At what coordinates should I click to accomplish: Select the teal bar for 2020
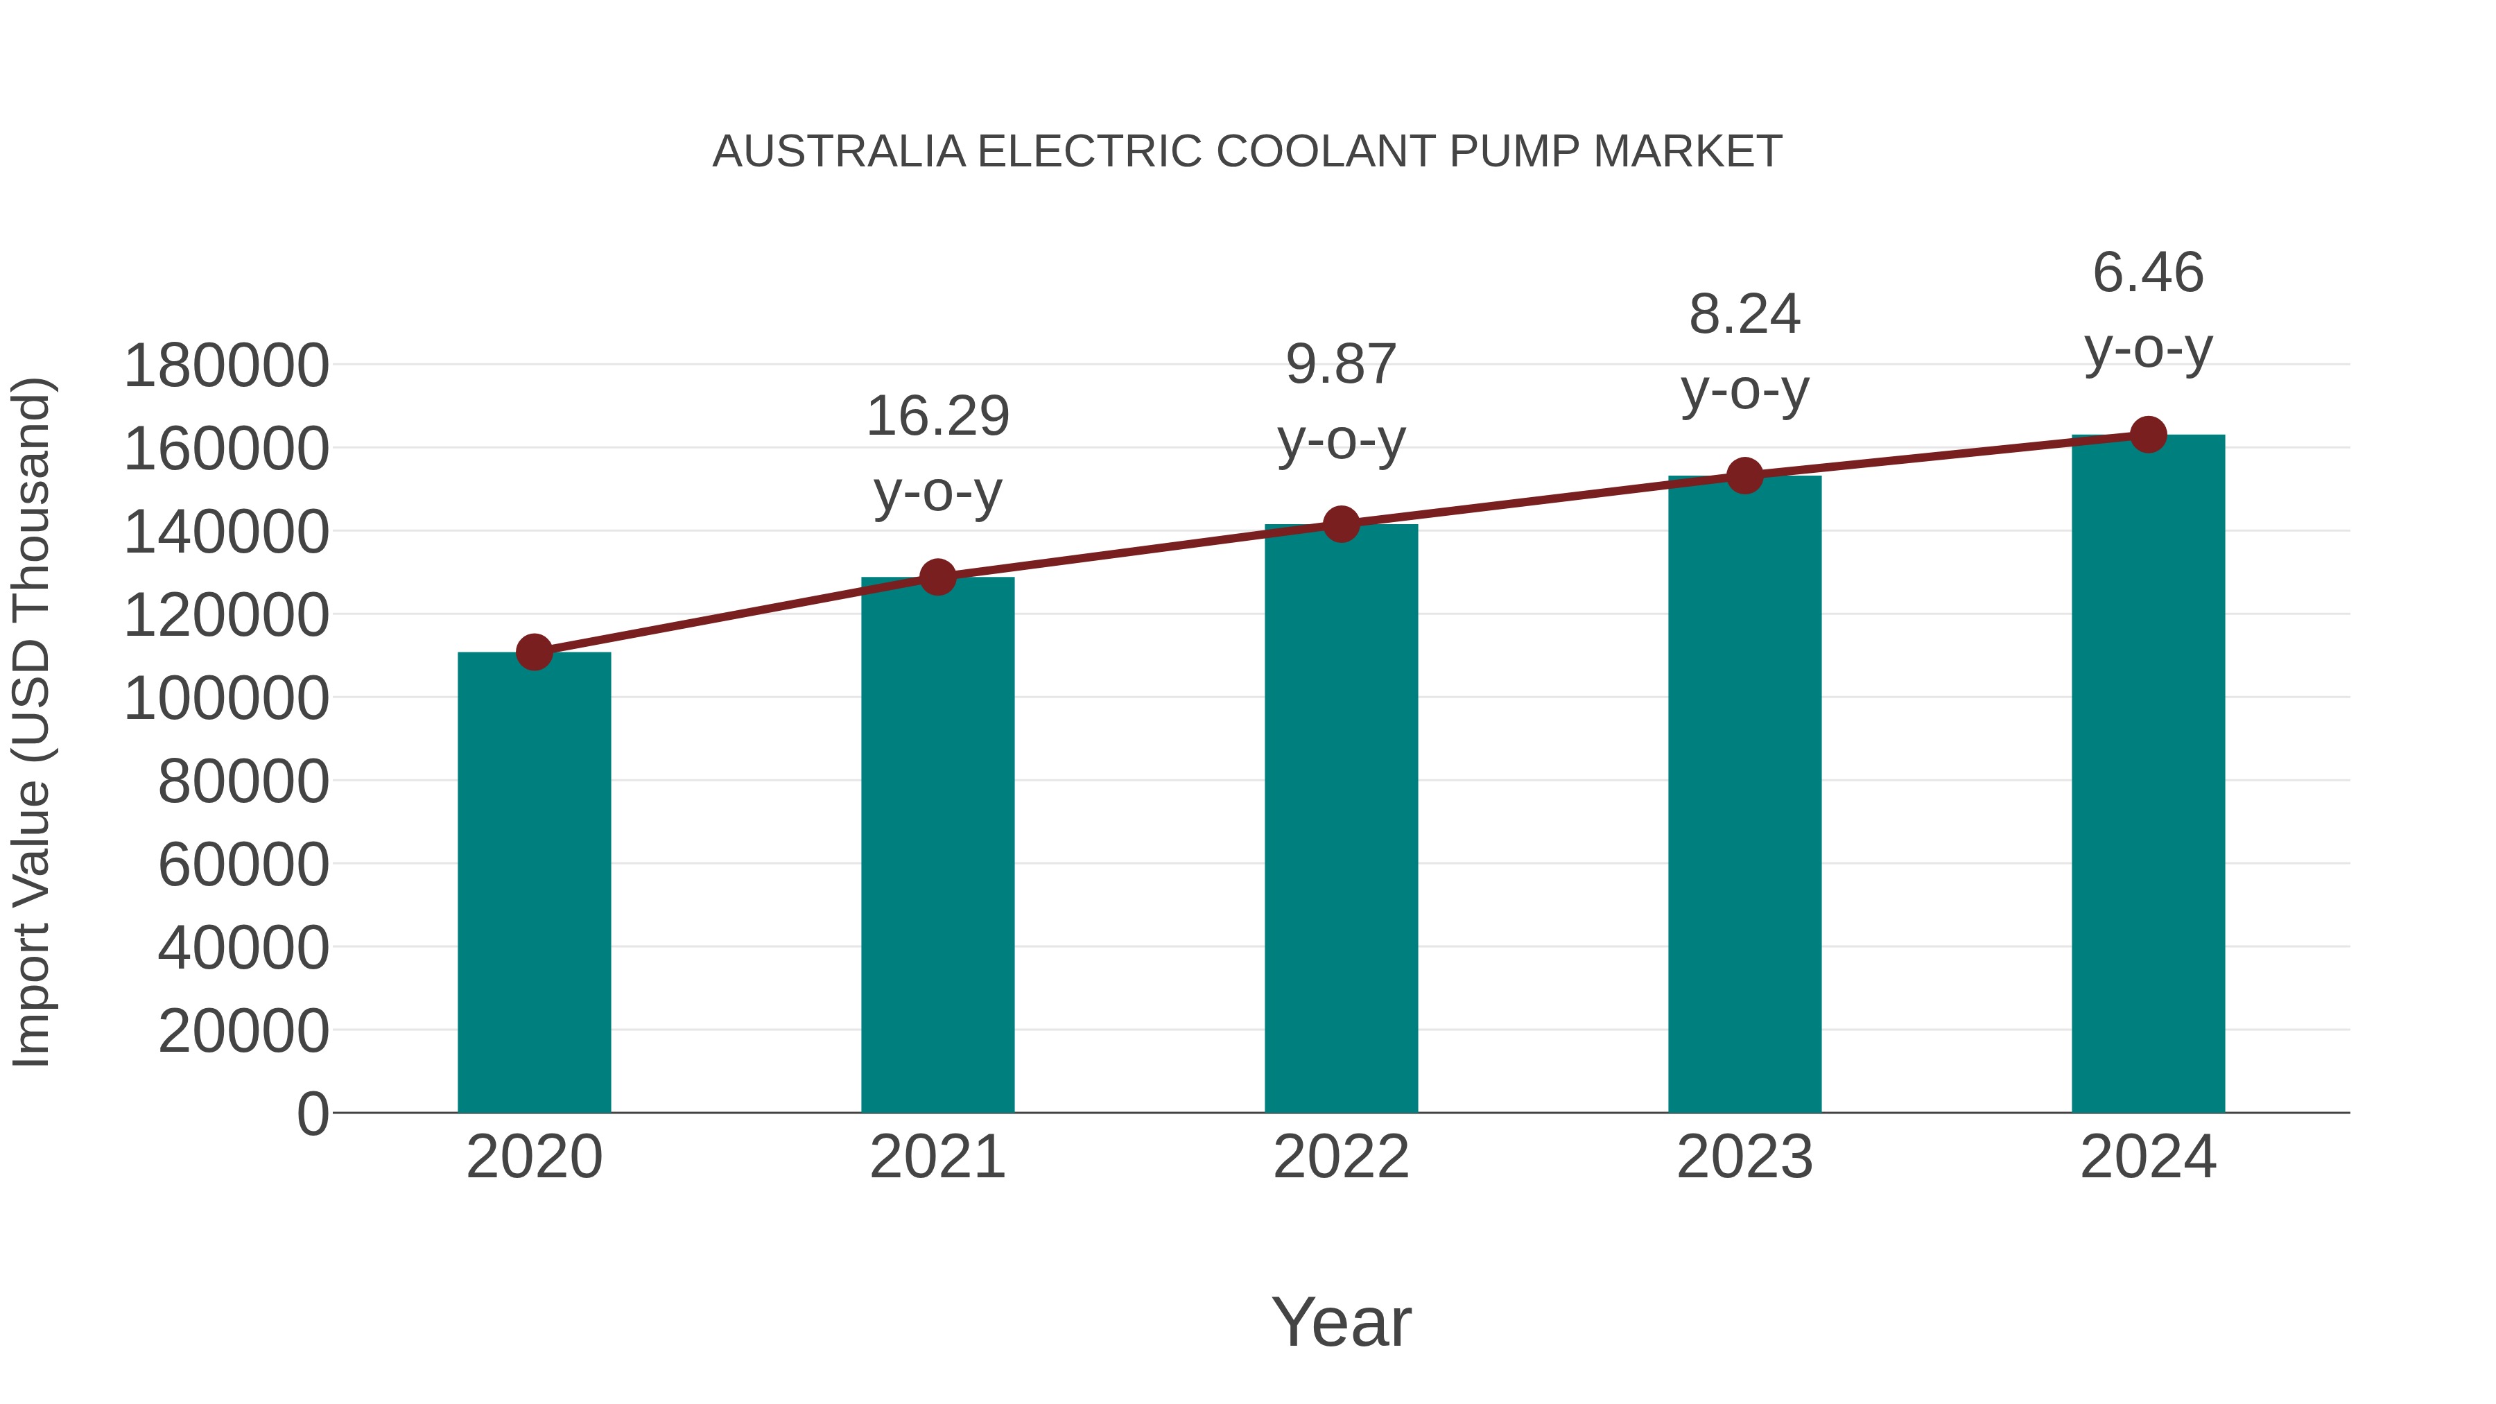pyautogui.click(x=534, y=882)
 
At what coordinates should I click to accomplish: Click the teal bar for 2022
pyautogui.click(x=1341, y=819)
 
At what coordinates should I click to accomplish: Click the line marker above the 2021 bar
pyautogui.click(x=937, y=578)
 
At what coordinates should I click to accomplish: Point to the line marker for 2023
pyautogui.click(x=1744, y=476)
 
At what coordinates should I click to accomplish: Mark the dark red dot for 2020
pyautogui.click(x=534, y=652)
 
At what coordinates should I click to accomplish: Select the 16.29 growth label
pyautogui.click(x=937, y=417)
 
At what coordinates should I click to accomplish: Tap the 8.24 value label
pyautogui.click(x=1744, y=315)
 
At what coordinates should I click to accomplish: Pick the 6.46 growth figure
pyautogui.click(x=2148, y=272)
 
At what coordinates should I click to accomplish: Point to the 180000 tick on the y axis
pyautogui.click(x=227, y=366)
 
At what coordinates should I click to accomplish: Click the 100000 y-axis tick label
pyautogui.click(x=227, y=699)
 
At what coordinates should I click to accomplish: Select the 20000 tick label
pyautogui.click(x=243, y=1031)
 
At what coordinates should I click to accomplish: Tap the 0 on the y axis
pyautogui.click(x=313, y=1113)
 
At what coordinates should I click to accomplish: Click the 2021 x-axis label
pyautogui.click(x=937, y=1157)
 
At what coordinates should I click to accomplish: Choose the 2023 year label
pyautogui.click(x=1744, y=1157)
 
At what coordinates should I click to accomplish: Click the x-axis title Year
pyautogui.click(x=1341, y=1321)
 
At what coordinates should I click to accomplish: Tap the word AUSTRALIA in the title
pyautogui.click(x=839, y=152)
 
